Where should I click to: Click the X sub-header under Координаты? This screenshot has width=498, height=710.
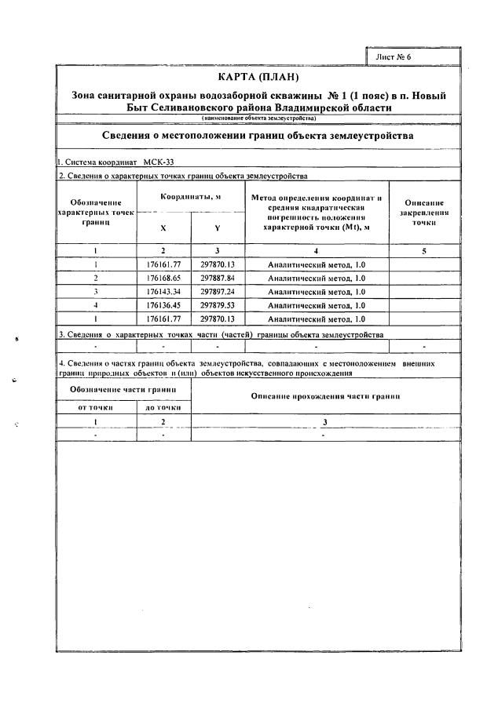[x=163, y=228]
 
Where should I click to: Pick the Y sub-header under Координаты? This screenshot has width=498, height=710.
[x=217, y=228]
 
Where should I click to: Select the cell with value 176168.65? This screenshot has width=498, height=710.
[x=164, y=278]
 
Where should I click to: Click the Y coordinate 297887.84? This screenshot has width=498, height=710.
[x=218, y=278]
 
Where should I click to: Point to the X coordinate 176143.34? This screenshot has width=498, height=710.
[x=164, y=291]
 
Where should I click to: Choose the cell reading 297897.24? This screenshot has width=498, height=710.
[x=218, y=291]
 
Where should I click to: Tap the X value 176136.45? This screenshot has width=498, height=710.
[x=164, y=305]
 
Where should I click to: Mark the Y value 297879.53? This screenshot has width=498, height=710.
[x=218, y=305]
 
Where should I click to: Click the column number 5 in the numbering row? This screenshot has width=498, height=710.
[x=424, y=250]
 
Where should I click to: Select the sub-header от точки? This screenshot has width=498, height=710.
[x=95, y=407]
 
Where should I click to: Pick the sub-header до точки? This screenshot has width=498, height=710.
[x=163, y=407]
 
